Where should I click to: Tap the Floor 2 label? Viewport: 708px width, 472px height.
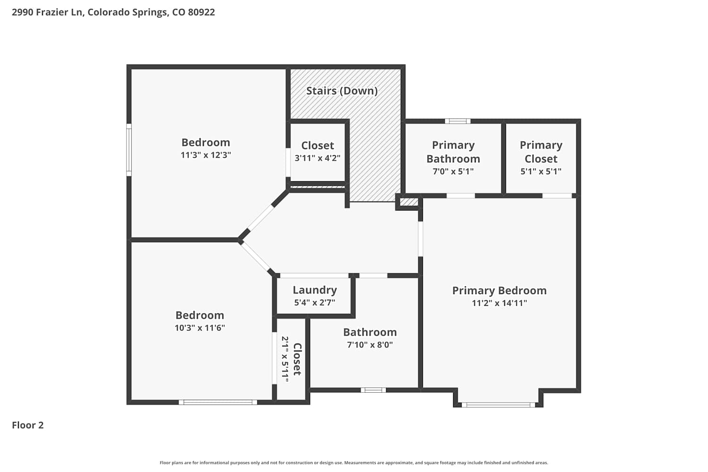(28, 425)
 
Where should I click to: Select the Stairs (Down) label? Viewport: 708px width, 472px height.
(342, 91)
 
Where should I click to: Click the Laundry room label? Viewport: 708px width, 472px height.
(315, 290)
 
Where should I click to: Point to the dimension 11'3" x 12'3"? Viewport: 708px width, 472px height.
(206, 155)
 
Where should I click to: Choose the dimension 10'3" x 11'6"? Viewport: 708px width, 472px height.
(200, 328)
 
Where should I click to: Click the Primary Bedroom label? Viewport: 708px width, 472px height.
(499, 291)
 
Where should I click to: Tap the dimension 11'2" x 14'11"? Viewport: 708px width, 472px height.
(499, 303)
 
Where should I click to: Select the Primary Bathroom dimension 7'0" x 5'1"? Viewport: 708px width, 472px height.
(453, 171)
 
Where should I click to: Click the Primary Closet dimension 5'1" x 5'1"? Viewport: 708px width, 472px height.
(541, 171)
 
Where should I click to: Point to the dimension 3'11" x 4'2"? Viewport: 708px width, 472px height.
(317, 158)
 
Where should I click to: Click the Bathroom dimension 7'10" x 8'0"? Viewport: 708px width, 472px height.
(370, 345)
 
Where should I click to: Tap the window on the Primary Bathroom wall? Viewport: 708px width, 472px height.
(458, 121)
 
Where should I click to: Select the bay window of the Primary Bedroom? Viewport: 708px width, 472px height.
(498, 405)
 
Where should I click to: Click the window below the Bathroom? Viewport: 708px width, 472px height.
(373, 390)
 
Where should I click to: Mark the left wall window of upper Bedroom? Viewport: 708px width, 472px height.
(129, 150)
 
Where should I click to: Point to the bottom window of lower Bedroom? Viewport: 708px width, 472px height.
(218, 402)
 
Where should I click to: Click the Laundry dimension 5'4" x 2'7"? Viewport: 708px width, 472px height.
(314, 303)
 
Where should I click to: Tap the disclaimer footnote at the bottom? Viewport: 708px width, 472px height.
(354, 463)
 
